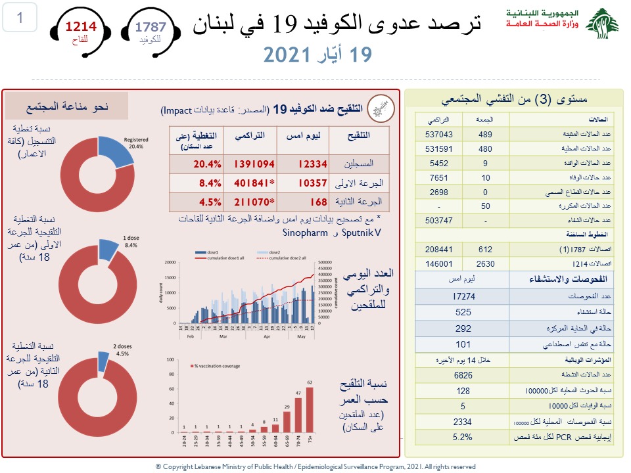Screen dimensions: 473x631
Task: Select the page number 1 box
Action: coord(20,18)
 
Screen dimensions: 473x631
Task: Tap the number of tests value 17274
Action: coord(463,297)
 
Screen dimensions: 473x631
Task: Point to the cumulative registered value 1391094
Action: coord(252,164)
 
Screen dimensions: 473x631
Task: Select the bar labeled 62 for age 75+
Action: coord(310,407)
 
